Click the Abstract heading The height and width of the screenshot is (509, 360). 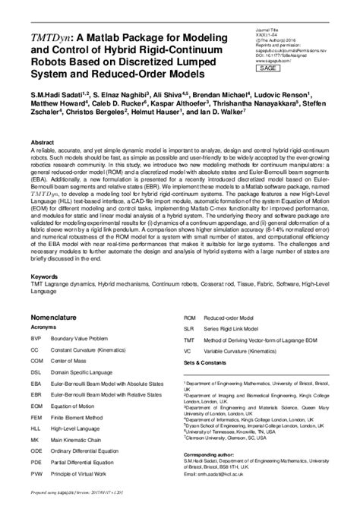tap(43, 142)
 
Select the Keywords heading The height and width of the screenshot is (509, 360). tap(46, 277)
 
